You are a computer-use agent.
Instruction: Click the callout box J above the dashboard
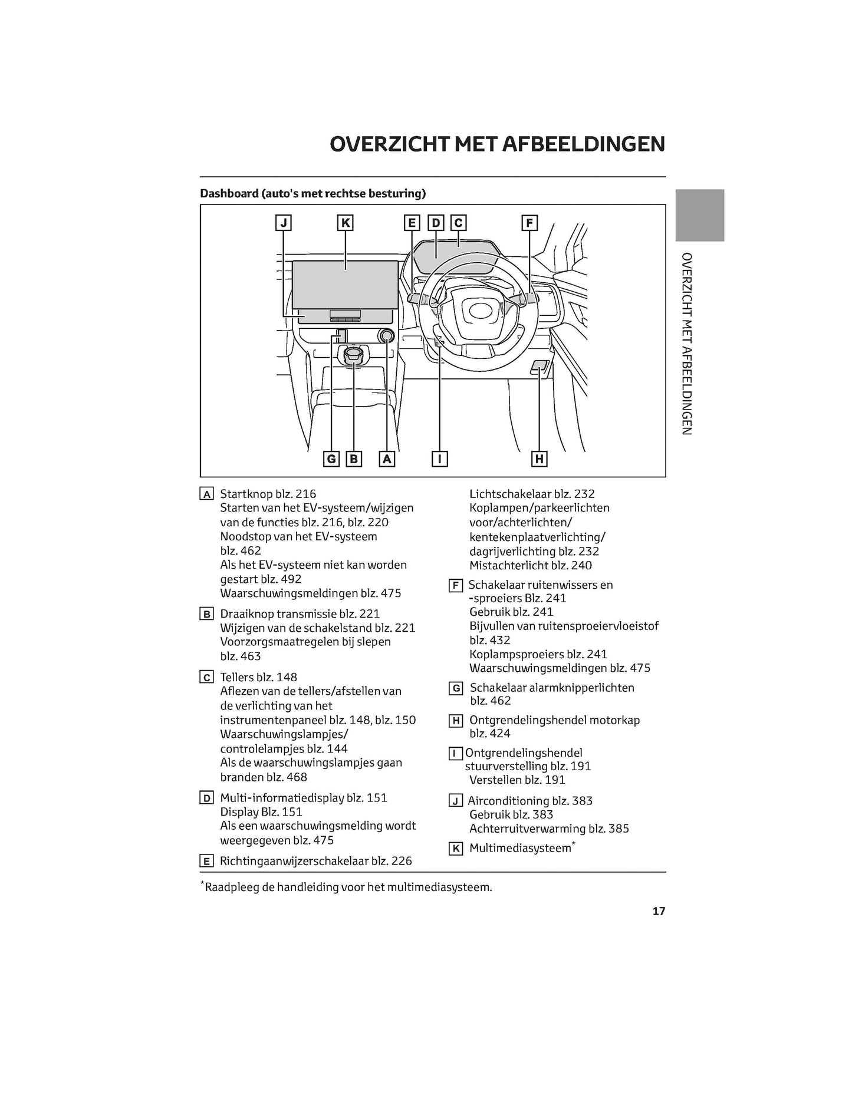pyautogui.click(x=284, y=223)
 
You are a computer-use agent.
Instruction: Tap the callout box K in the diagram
pyautogui.click(x=346, y=223)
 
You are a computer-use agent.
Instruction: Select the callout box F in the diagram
pyautogui.click(x=529, y=223)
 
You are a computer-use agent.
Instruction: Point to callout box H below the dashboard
pyautogui.click(x=539, y=458)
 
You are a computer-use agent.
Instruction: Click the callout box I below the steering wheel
pyautogui.click(x=439, y=458)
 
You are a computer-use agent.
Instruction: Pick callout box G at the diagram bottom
pyautogui.click(x=331, y=458)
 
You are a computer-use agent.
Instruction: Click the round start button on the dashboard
pyautogui.click(x=386, y=336)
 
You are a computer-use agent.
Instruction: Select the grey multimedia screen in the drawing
pyautogui.click(x=345, y=285)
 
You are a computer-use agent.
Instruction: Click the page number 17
pyautogui.click(x=659, y=911)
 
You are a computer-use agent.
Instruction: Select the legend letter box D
pyautogui.click(x=207, y=799)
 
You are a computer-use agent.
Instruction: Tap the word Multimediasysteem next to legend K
pyautogui.click(x=520, y=848)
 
